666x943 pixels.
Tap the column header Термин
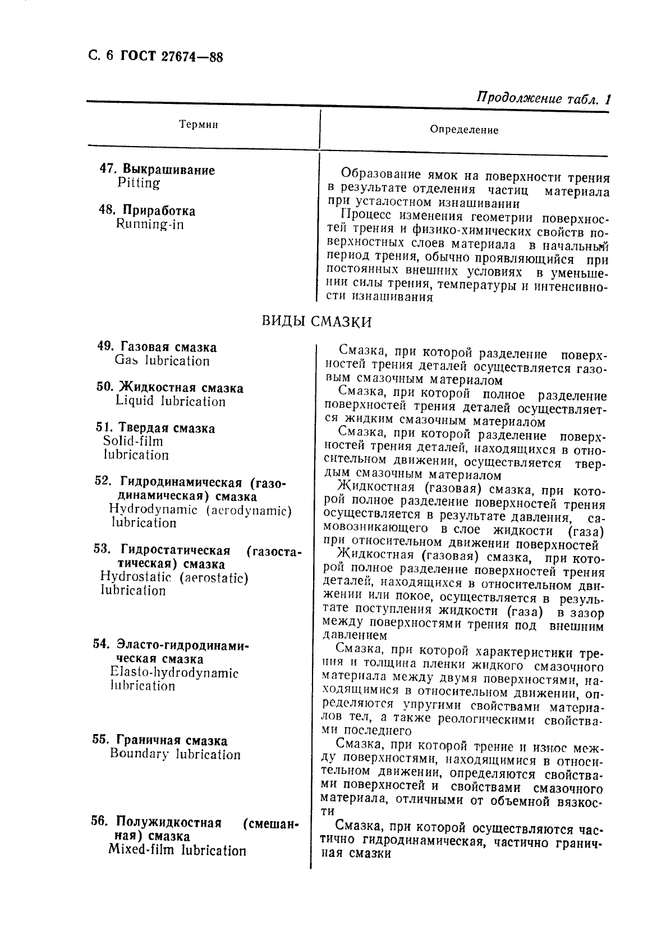(x=198, y=125)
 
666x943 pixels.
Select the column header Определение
(x=463, y=130)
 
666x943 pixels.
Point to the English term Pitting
(x=139, y=183)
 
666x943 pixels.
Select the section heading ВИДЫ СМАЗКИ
(x=317, y=322)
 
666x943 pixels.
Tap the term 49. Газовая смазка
(x=157, y=347)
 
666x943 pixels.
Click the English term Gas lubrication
(x=162, y=361)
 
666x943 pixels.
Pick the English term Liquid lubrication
(x=171, y=401)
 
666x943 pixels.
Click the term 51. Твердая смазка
(x=155, y=429)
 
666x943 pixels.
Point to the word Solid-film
(x=134, y=441)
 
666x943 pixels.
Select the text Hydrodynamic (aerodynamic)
(x=200, y=510)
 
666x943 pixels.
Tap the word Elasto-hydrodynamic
(x=174, y=672)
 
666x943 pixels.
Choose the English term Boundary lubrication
(x=175, y=754)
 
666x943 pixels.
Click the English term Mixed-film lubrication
(x=177, y=850)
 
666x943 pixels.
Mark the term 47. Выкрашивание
(x=157, y=170)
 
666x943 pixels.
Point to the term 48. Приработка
(x=147, y=211)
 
